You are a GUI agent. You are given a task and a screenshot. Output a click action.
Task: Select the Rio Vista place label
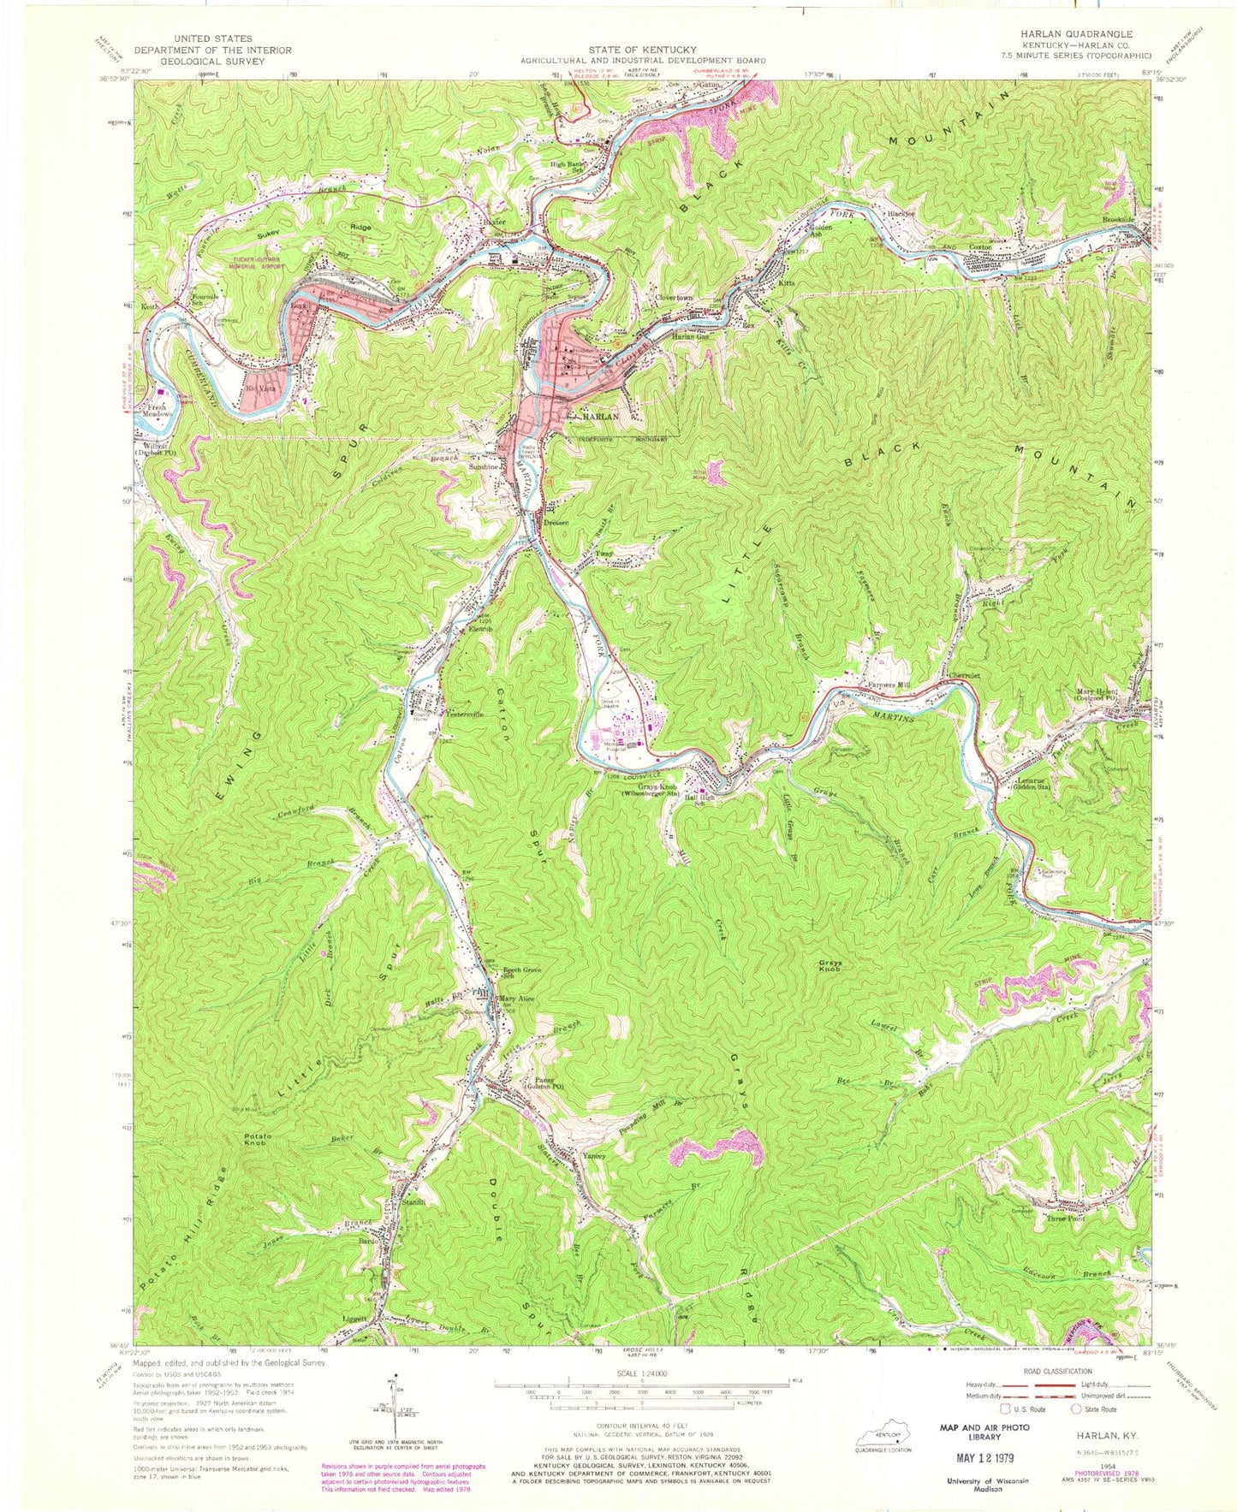pyautogui.click(x=257, y=388)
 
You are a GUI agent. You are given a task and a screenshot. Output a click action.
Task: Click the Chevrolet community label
pyautogui.click(x=962, y=676)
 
